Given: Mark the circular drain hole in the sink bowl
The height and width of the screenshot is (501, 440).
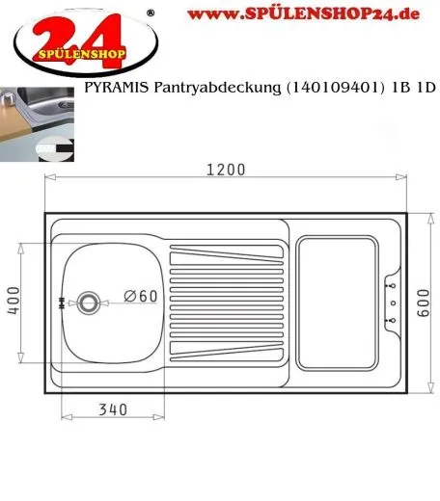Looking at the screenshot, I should point(89,303).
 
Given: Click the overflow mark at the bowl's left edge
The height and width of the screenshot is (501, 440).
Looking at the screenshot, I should point(62,303).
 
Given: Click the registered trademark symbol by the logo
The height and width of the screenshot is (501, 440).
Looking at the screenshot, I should point(148,13).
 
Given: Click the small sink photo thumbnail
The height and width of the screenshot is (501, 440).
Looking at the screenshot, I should point(39,121).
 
